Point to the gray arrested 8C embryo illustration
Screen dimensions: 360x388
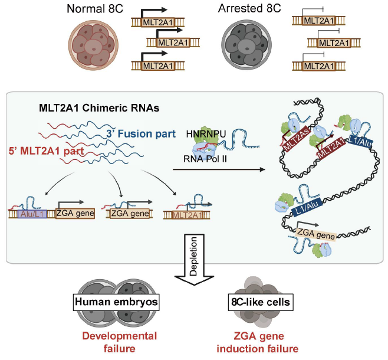click(244, 45)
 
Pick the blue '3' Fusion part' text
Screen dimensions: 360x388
click(141, 135)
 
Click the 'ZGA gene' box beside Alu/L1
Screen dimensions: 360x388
click(75, 214)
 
